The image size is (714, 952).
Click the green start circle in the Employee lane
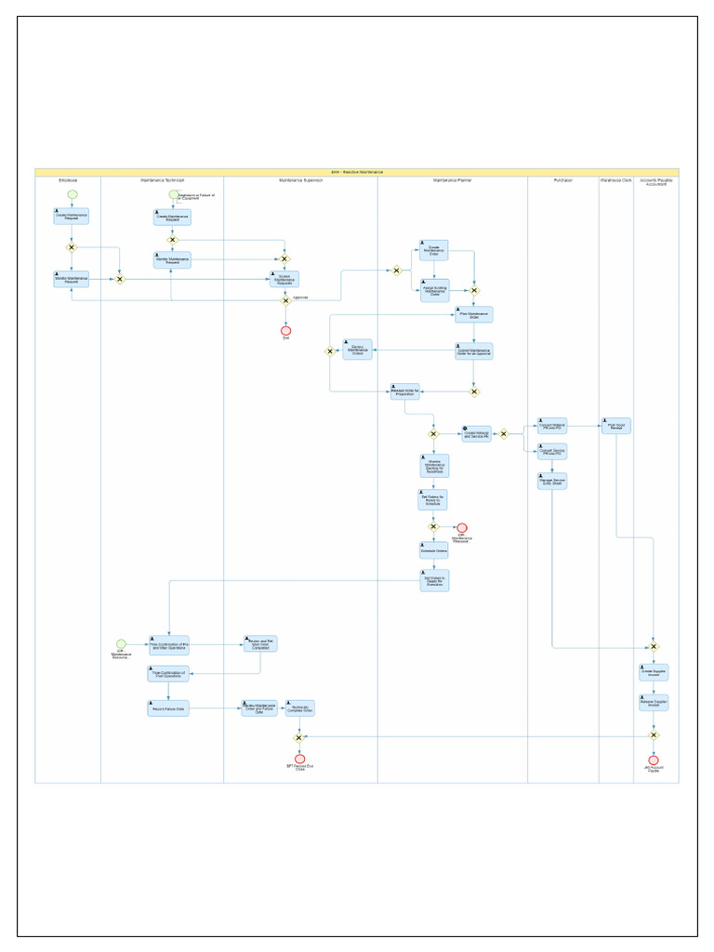point(72,194)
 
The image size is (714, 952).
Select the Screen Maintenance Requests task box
point(284,278)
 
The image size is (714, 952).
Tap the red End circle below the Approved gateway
point(285,330)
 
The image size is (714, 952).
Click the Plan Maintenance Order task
point(474,314)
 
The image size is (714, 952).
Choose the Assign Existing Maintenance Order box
point(433,290)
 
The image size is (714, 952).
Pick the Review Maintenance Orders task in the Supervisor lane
point(357,350)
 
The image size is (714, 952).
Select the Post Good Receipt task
point(616,426)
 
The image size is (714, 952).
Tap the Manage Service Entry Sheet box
point(552,481)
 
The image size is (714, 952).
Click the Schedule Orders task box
point(433,550)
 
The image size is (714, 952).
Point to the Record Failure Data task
point(168,708)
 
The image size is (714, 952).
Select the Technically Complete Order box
point(299,707)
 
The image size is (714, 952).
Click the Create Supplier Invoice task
point(654,671)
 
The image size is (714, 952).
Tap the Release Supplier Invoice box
point(654,702)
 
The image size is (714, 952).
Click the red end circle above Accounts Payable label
point(654,760)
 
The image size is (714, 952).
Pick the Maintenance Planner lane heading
point(452,179)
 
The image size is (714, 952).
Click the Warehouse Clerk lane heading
point(615,179)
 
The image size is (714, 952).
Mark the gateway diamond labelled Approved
point(285,300)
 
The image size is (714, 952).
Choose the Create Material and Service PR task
point(476,433)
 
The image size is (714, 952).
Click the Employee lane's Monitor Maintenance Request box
point(72,278)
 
